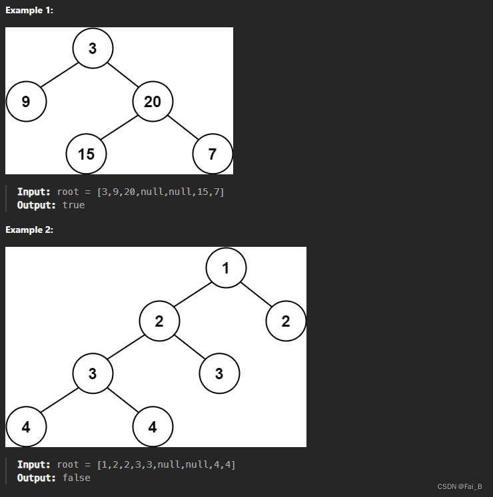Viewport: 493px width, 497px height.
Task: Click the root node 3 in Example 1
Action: (93, 47)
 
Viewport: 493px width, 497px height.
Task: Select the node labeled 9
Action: (26, 101)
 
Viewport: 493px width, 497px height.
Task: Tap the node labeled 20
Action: (153, 101)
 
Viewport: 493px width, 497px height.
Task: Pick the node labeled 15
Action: (86, 154)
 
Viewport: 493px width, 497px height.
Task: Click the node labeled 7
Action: (213, 154)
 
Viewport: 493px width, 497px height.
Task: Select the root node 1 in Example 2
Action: (226, 267)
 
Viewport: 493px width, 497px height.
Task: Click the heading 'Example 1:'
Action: (29, 11)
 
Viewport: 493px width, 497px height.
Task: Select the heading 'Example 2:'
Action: (29, 230)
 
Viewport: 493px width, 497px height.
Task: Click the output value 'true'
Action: (73, 205)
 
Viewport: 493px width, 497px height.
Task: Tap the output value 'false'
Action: (76, 478)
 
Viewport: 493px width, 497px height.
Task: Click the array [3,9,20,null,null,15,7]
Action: (161, 192)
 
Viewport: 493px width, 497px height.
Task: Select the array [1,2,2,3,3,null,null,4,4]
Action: (166, 464)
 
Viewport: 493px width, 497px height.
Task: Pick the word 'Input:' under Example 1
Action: (33, 192)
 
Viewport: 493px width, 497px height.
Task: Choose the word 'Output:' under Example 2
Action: (37, 478)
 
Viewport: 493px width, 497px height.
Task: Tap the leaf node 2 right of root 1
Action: (286, 321)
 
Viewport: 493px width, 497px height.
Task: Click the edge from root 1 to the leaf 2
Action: (256, 294)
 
